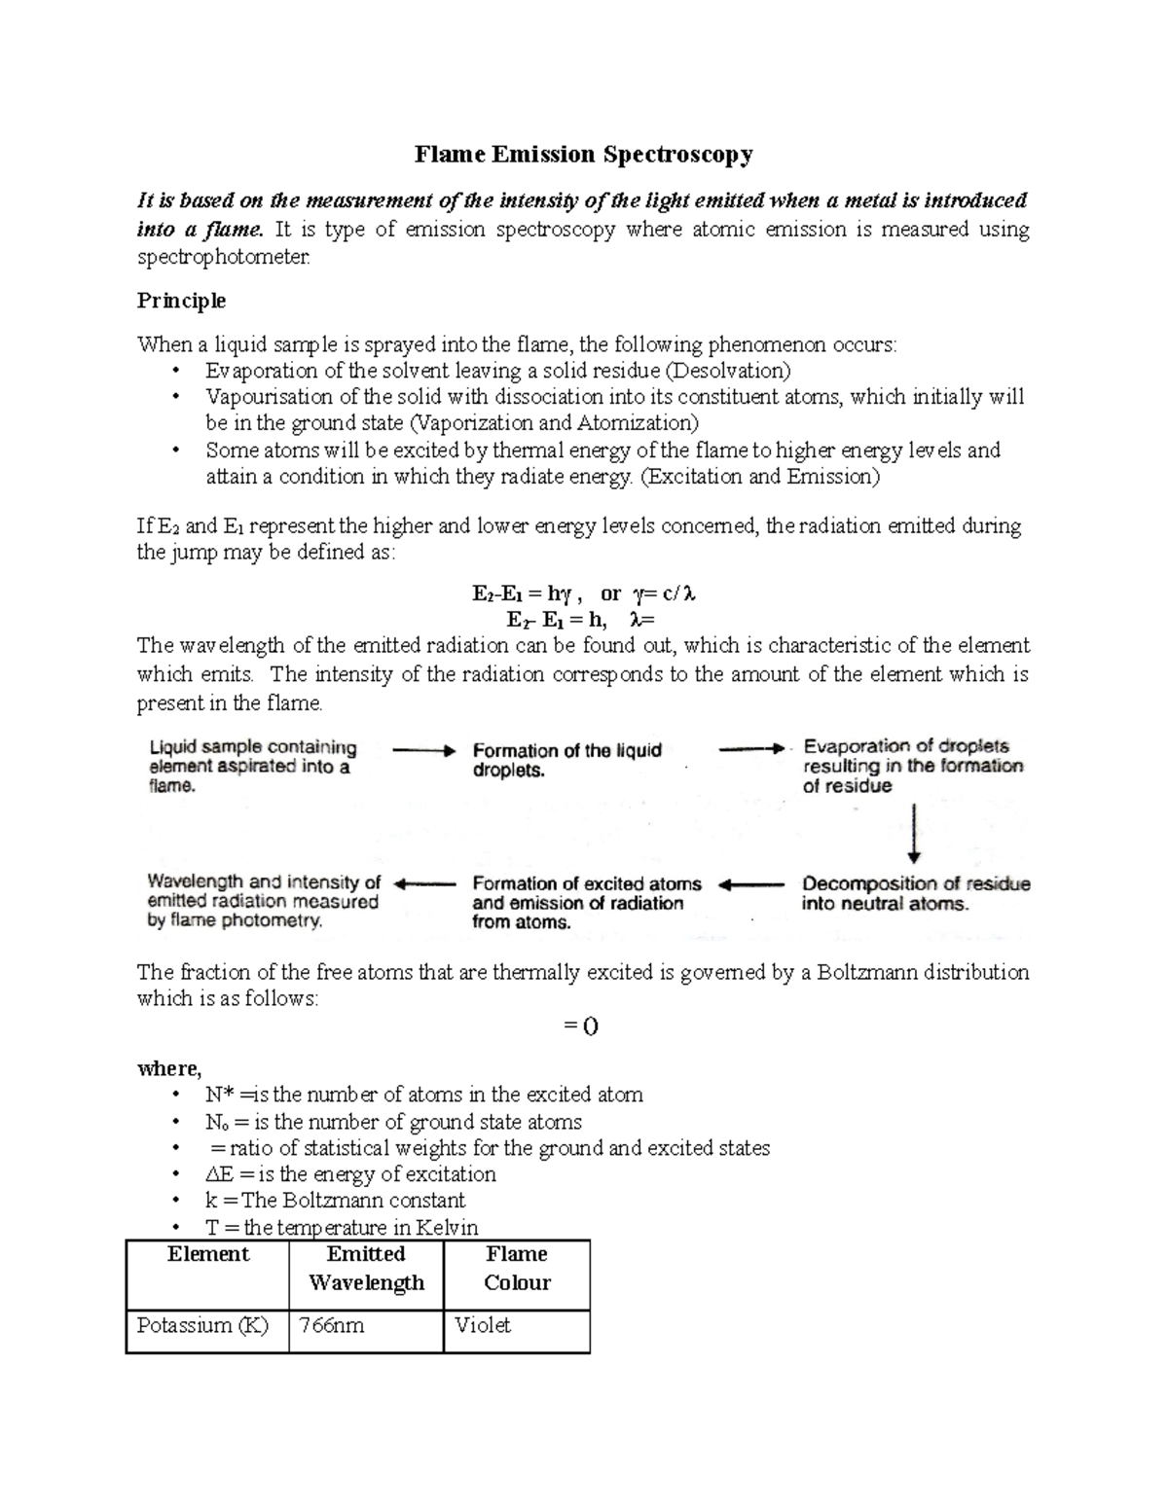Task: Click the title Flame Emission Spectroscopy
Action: (584, 155)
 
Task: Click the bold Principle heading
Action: (181, 301)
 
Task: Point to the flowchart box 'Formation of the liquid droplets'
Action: (567, 760)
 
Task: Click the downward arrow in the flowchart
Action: (913, 833)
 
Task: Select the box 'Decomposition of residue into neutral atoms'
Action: (915, 893)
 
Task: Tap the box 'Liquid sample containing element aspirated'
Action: (252, 766)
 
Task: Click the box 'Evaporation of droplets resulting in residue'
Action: (912, 766)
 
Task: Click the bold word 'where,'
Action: (169, 1068)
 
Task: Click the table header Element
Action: (208, 1254)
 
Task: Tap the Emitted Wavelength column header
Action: (366, 1268)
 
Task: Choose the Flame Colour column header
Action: (517, 1268)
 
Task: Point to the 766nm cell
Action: (331, 1325)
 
